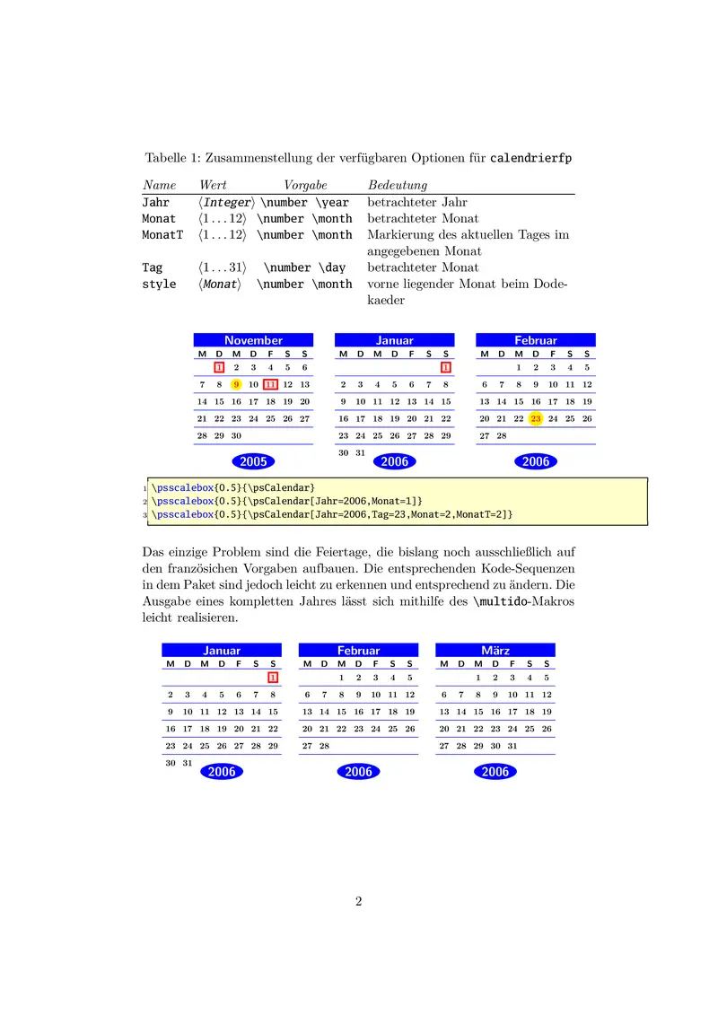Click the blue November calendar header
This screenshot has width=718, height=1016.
pyautogui.click(x=253, y=340)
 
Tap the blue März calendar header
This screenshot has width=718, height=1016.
pyautogui.click(x=495, y=650)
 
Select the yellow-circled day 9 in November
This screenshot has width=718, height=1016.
pyautogui.click(x=236, y=384)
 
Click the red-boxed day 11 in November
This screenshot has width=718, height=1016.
pyautogui.click(x=271, y=384)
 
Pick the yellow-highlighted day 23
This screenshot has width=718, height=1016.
pyautogui.click(x=536, y=418)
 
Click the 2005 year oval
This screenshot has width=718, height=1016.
pyautogui.click(x=253, y=461)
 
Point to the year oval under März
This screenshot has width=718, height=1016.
pyautogui.click(x=495, y=771)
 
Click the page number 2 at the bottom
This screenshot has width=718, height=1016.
pyautogui.click(x=359, y=901)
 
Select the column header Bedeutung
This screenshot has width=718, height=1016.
pyautogui.click(x=397, y=185)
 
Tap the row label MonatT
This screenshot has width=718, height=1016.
pyautogui.click(x=162, y=235)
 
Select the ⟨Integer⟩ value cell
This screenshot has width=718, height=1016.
pyautogui.click(x=227, y=203)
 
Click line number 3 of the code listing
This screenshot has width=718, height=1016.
pyautogui.click(x=144, y=515)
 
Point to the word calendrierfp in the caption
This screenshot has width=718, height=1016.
pyautogui.click(x=531, y=159)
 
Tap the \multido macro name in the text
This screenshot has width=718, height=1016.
pyautogui.click(x=498, y=601)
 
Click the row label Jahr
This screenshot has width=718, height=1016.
pyautogui.click(x=156, y=203)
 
